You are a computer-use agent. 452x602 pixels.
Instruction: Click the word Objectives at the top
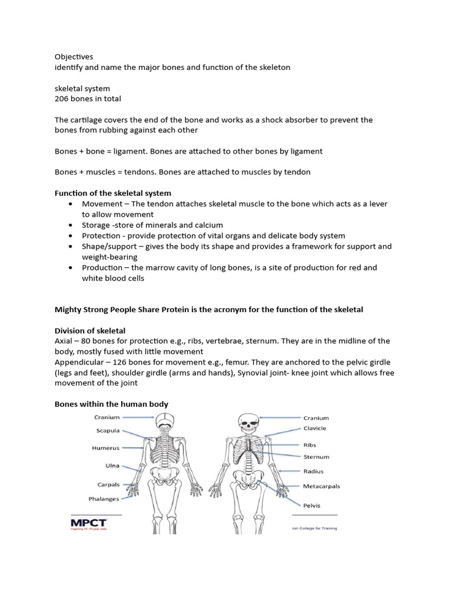(74, 57)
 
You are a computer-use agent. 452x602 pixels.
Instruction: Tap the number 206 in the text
(61, 99)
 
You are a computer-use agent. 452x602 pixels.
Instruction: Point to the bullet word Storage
(97, 225)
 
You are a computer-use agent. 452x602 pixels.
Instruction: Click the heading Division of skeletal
(90, 330)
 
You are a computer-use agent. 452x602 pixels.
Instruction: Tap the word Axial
(64, 341)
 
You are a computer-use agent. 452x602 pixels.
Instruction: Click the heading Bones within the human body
(111, 404)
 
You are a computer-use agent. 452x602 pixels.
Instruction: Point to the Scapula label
(108, 430)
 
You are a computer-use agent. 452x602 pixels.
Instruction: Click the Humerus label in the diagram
(105, 448)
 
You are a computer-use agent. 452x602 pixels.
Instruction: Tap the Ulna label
(112, 466)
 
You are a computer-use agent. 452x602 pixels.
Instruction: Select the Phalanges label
(104, 499)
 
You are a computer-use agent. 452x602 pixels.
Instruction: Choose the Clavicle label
(314, 429)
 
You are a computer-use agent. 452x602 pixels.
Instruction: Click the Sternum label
(316, 457)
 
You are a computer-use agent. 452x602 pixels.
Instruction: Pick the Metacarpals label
(321, 486)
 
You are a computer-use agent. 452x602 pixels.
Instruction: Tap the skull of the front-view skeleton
(246, 421)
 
